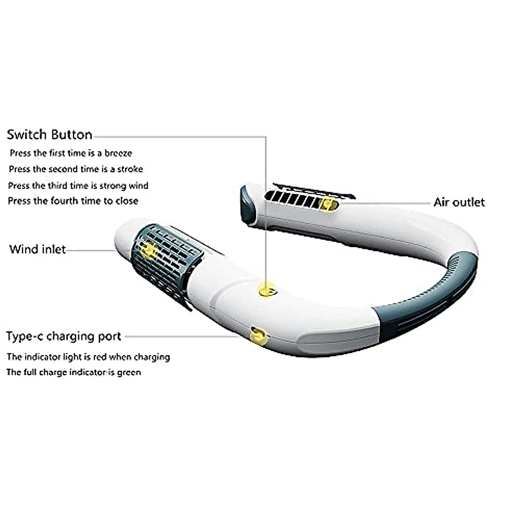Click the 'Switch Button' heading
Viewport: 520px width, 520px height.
(x=49, y=135)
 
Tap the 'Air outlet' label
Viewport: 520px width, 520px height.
(x=459, y=202)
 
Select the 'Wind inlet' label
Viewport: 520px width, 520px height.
(x=38, y=249)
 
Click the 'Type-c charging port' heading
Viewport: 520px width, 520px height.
(x=64, y=336)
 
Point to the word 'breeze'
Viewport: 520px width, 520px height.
(x=118, y=153)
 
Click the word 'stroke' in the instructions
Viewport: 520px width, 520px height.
(x=130, y=169)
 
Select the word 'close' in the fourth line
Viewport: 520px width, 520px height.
(x=127, y=201)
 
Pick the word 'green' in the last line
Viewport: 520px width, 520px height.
(x=129, y=372)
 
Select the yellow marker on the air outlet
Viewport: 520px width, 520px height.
(x=328, y=204)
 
